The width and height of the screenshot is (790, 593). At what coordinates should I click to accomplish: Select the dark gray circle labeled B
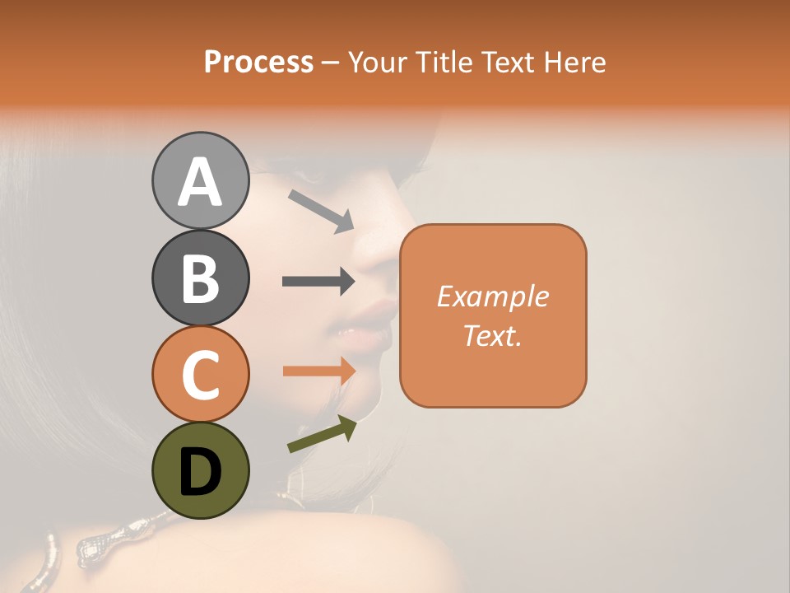[x=200, y=278]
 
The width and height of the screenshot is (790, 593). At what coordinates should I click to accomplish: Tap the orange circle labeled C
[x=200, y=374]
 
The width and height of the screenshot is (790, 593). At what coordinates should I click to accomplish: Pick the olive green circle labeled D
[x=200, y=470]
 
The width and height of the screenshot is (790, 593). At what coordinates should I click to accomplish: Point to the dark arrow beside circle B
[x=318, y=282]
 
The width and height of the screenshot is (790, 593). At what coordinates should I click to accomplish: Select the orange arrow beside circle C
[x=318, y=371]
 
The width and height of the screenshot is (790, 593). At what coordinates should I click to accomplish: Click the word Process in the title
[x=258, y=62]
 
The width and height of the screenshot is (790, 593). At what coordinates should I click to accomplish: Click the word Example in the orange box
[x=492, y=296]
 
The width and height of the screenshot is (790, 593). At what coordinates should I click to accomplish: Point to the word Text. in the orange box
[x=492, y=335]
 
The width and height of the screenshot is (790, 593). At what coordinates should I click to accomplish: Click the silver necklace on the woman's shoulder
[x=99, y=539]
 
